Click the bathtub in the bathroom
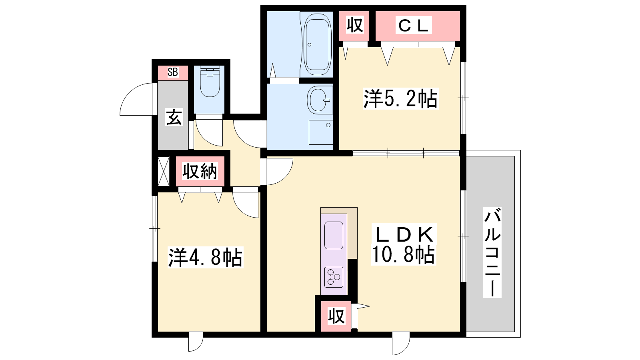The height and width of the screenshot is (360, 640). [x=318, y=44]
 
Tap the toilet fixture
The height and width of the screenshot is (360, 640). [x=210, y=82]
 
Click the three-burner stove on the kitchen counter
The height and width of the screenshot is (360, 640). [x=334, y=277]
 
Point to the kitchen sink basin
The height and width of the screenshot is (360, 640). [x=334, y=235]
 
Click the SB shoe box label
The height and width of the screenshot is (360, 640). [x=173, y=72]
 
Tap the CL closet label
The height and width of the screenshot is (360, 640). [x=413, y=26]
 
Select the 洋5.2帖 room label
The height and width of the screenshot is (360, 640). [x=400, y=99]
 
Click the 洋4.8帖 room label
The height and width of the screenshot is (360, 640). [x=205, y=258]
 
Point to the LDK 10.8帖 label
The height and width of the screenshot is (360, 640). [x=404, y=244]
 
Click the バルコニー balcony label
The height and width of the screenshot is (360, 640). [x=492, y=252]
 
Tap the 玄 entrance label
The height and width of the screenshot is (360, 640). [x=174, y=117]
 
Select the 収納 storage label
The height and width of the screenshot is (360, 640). [x=200, y=171]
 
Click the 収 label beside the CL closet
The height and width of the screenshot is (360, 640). [x=354, y=25]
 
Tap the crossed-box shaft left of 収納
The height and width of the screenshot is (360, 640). [x=164, y=171]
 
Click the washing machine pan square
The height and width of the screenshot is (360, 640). [x=321, y=132]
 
